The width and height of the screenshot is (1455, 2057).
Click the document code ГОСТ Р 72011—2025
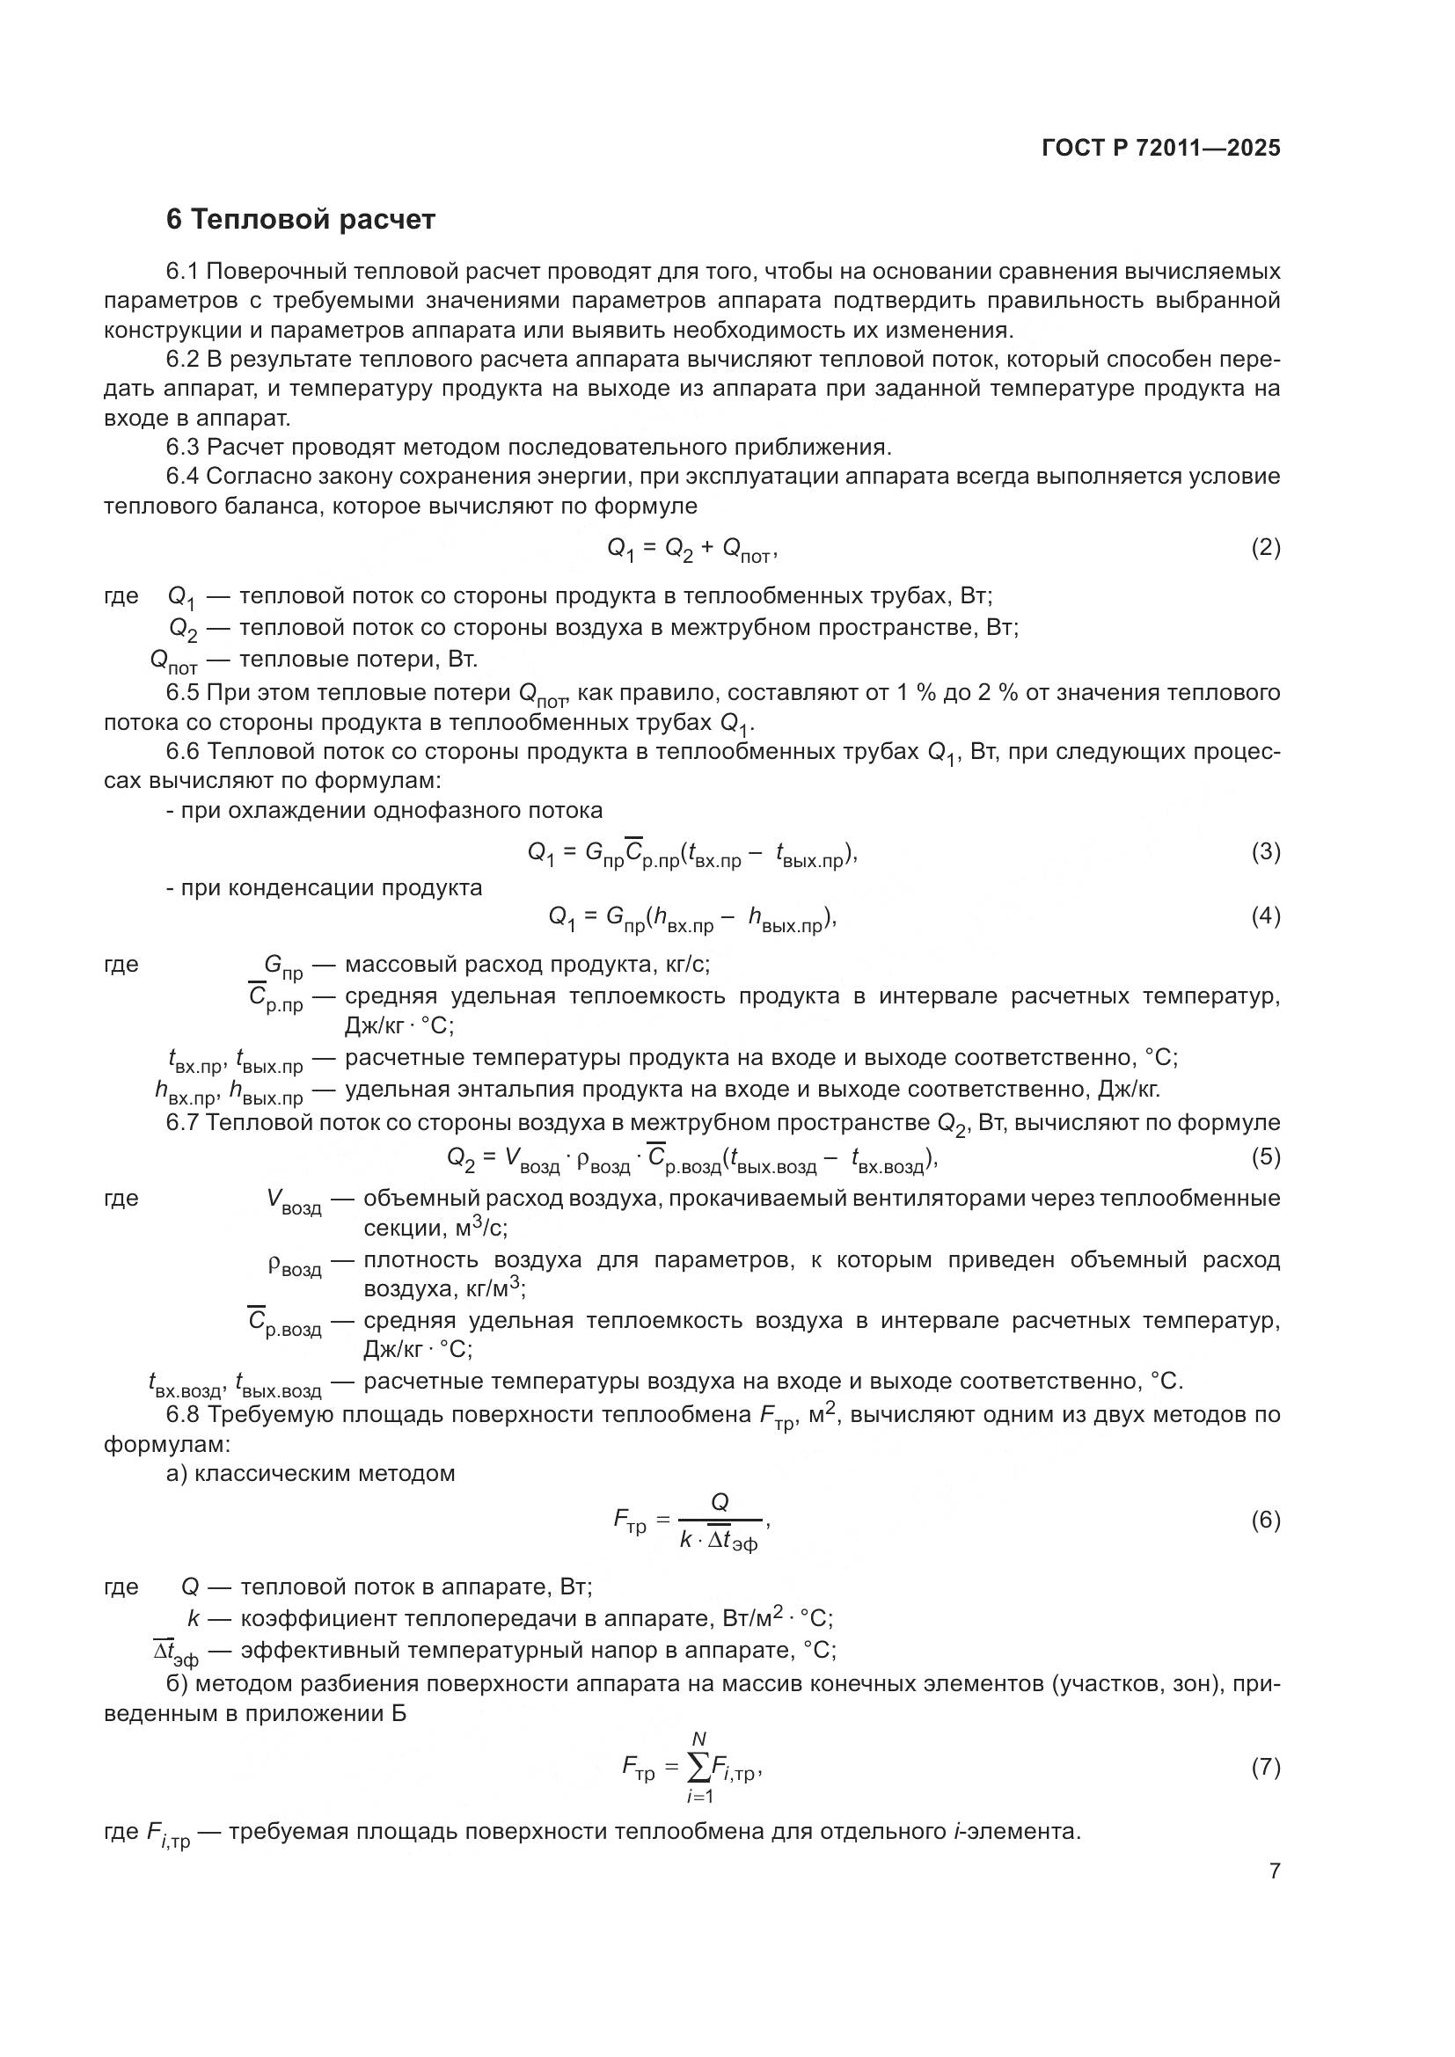point(1161,149)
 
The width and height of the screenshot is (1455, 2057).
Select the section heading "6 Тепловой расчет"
point(301,220)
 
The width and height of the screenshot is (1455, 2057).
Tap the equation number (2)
point(1265,547)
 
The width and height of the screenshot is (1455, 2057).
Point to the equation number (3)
point(1265,852)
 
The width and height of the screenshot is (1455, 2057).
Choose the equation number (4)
point(1265,916)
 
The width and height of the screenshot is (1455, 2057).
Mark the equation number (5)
point(1265,1156)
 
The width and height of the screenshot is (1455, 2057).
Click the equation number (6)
point(1265,1521)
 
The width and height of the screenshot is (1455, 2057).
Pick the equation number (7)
point(1265,1768)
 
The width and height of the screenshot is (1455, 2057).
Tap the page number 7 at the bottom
point(1274,1871)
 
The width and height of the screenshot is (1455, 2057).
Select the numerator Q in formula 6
point(720,1501)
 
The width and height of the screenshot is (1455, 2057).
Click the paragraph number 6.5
point(184,692)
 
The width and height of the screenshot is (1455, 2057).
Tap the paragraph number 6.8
point(184,1415)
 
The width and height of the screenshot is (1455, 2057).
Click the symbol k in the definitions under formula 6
point(193,1618)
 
